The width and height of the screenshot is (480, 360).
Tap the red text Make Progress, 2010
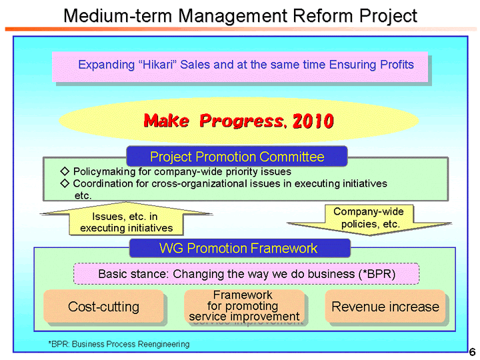tap(239, 121)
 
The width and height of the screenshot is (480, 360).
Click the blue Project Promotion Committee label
tap(237, 157)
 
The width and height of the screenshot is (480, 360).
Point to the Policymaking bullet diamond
tap(64, 171)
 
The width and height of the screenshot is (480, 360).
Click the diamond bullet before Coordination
tap(64, 183)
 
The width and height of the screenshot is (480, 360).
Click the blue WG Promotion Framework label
tap(239, 249)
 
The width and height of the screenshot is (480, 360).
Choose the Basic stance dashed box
tap(245, 274)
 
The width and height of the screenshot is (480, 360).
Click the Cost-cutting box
tap(103, 307)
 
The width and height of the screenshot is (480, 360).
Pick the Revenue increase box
tap(385, 307)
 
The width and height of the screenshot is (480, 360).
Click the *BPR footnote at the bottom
tap(118, 344)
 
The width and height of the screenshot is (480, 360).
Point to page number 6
tap(472, 352)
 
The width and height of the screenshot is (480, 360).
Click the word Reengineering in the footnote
tap(164, 344)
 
